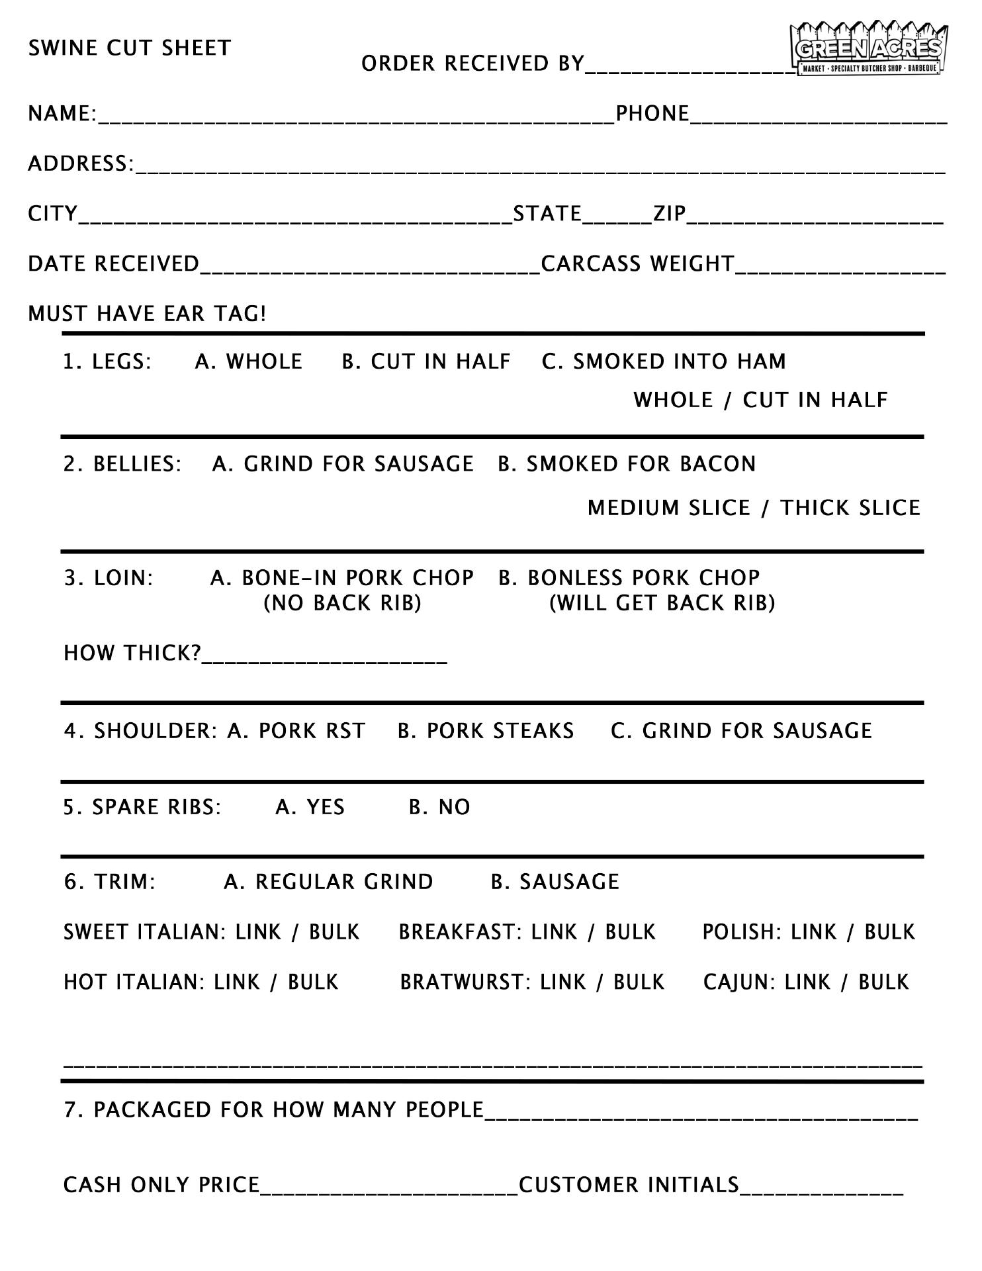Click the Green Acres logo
pos(869,50)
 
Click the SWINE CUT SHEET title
pos(130,48)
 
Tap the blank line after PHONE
pos(819,117)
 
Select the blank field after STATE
pos(617,216)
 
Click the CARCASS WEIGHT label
pos(637,264)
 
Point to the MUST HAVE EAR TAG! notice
pos(147,314)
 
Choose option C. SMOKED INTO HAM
pos(664,361)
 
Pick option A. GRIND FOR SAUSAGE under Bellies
pos(343,464)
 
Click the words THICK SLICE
pos(850,508)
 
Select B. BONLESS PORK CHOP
pos(629,578)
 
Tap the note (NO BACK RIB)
pos(343,604)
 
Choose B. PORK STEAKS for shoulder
pos(486,731)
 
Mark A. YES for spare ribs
pos(310,807)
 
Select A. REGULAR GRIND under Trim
pos(328,882)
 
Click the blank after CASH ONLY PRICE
pos(389,1186)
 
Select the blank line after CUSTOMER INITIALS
pos(821,1186)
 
